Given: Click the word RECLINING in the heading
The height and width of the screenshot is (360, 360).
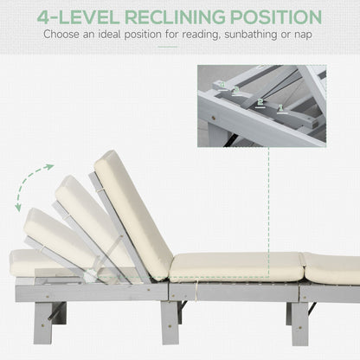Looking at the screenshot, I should coord(179,16).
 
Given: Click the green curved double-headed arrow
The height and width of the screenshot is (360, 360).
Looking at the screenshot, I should coord(34,187).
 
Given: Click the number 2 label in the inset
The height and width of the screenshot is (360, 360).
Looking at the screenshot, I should coord(260,101).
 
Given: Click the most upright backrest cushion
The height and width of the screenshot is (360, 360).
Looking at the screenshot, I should coord(133,212).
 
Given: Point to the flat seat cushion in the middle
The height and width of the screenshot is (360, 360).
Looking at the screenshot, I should coord(235,266).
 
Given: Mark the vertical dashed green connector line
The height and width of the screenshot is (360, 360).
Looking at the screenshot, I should coord(269,199).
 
